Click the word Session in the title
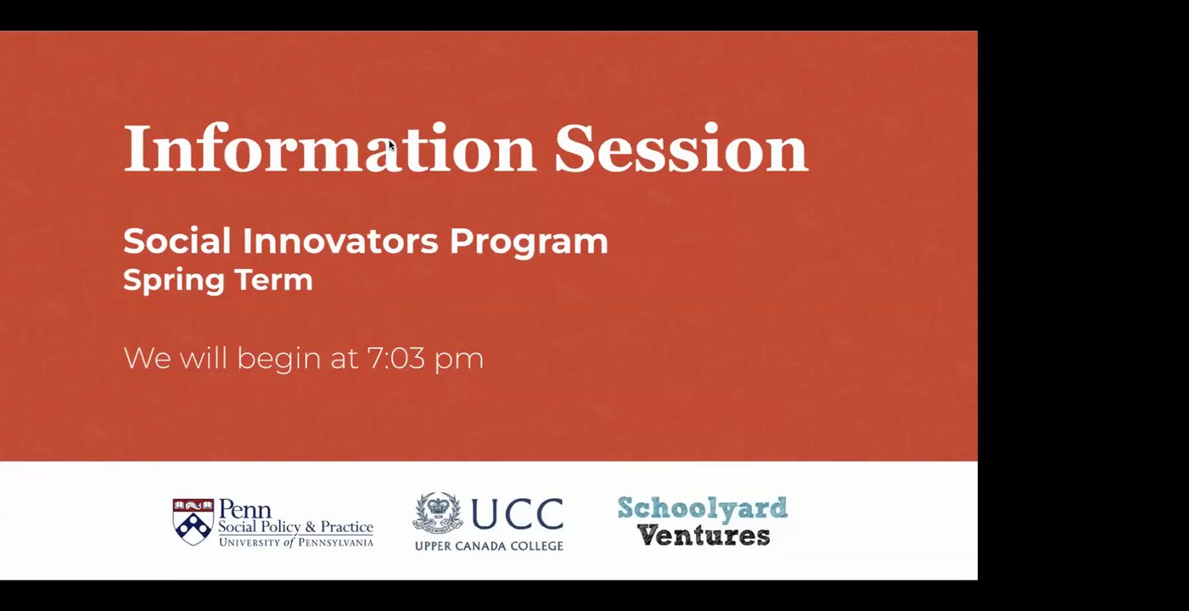tap(681, 148)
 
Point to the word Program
tap(529, 243)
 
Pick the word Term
tap(274, 279)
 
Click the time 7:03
tap(396, 357)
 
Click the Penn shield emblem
tap(193, 521)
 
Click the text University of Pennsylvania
tap(296, 542)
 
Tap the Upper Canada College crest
tap(438, 513)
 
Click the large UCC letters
tap(518, 513)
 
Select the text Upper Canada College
tap(489, 546)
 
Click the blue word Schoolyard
tap(702, 508)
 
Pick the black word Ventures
tap(704, 535)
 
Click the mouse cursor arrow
tap(392, 145)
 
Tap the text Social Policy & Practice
tap(295, 527)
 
